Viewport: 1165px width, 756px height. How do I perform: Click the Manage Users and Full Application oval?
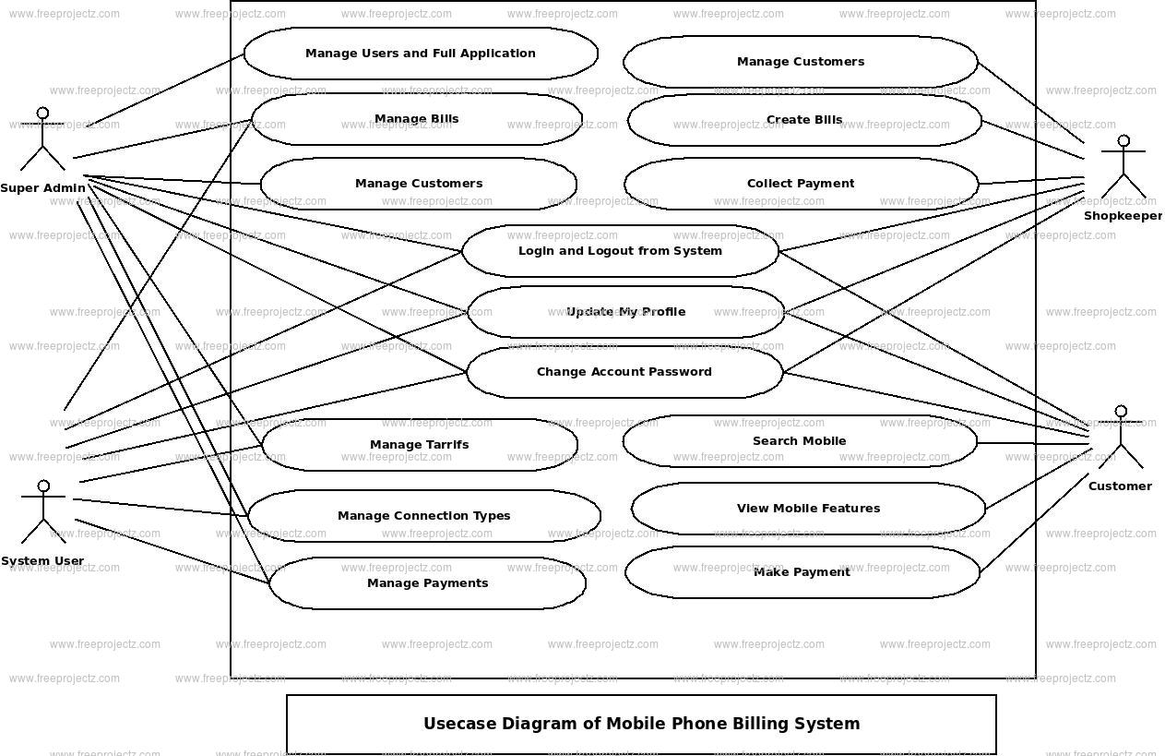(421, 54)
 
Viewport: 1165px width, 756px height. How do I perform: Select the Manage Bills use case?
(417, 119)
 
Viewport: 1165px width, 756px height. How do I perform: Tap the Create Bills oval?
(804, 120)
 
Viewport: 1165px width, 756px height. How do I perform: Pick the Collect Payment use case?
(801, 184)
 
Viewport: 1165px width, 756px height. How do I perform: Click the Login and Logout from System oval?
(620, 251)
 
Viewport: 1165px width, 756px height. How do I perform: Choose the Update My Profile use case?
(625, 312)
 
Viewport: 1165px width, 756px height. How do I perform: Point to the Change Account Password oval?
(624, 372)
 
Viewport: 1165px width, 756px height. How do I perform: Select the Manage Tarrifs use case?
(420, 445)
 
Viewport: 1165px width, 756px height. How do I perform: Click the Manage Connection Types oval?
(424, 516)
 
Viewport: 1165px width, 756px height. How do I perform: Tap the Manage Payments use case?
(428, 583)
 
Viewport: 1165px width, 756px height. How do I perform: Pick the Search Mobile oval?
(800, 441)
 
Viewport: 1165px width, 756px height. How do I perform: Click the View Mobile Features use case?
(808, 509)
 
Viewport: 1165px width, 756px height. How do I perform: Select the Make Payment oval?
(802, 572)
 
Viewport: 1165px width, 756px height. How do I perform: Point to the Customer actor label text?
(1120, 486)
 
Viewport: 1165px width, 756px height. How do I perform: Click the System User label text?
(42, 561)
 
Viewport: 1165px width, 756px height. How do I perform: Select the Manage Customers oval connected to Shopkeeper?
(801, 62)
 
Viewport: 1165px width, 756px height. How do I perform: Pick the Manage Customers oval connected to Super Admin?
(419, 184)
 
